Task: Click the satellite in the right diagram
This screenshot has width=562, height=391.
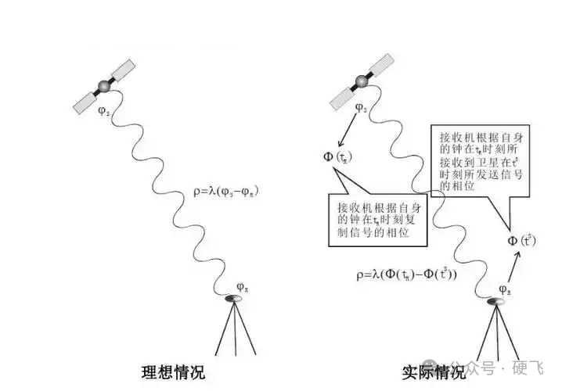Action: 362,81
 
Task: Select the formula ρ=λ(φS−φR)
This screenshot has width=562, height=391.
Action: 226,190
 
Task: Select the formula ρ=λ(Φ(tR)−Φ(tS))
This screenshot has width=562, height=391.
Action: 406,275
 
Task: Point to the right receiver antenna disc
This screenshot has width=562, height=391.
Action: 498,303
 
